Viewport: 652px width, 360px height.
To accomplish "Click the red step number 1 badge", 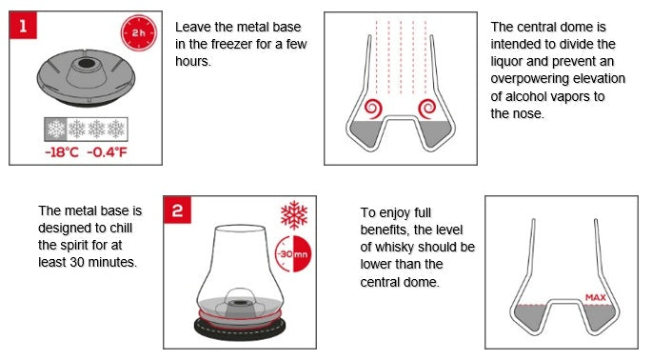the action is [x=23, y=26].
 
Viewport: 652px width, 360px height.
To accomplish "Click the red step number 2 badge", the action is [x=178, y=210].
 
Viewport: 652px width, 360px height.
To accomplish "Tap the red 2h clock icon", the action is [x=139, y=33].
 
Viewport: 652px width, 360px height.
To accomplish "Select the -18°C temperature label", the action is [x=62, y=152].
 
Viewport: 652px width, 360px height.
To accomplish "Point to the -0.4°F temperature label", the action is [x=107, y=152].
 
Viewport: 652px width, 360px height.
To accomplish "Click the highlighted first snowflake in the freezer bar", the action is [x=56, y=129].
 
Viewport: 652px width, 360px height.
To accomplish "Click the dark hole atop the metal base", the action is [x=87, y=63].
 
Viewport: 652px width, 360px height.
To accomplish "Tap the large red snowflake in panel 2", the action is [x=294, y=215].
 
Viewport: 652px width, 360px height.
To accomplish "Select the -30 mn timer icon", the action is [x=293, y=254].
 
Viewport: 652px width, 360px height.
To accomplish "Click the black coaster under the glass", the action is [x=240, y=330].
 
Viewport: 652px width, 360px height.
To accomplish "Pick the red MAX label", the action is [x=596, y=297].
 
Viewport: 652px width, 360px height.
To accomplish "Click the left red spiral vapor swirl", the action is [x=373, y=109].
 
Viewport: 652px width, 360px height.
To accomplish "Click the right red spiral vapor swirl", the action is [x=426, y=109].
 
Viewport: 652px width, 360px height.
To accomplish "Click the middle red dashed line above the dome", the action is [x=401, y=57].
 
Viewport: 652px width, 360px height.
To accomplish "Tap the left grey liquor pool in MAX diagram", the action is [x=529, y=316].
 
